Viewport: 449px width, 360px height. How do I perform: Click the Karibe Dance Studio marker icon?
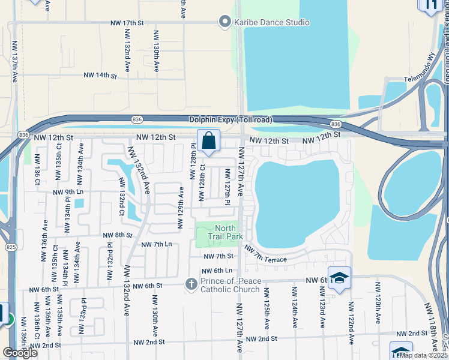225,22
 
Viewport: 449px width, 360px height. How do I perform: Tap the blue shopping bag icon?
208,142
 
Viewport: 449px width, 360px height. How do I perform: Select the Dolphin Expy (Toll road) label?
230,120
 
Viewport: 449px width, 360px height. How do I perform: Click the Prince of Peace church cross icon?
191,283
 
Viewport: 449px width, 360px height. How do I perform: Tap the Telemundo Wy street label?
418,86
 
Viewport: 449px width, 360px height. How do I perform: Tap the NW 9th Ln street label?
67,192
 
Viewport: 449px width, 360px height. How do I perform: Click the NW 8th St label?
116,235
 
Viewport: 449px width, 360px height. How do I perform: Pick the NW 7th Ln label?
156,245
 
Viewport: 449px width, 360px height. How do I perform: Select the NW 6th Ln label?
217,271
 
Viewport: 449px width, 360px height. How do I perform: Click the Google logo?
20,353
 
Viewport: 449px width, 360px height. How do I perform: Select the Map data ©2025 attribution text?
423,355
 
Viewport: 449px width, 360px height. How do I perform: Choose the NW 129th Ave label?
180,207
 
